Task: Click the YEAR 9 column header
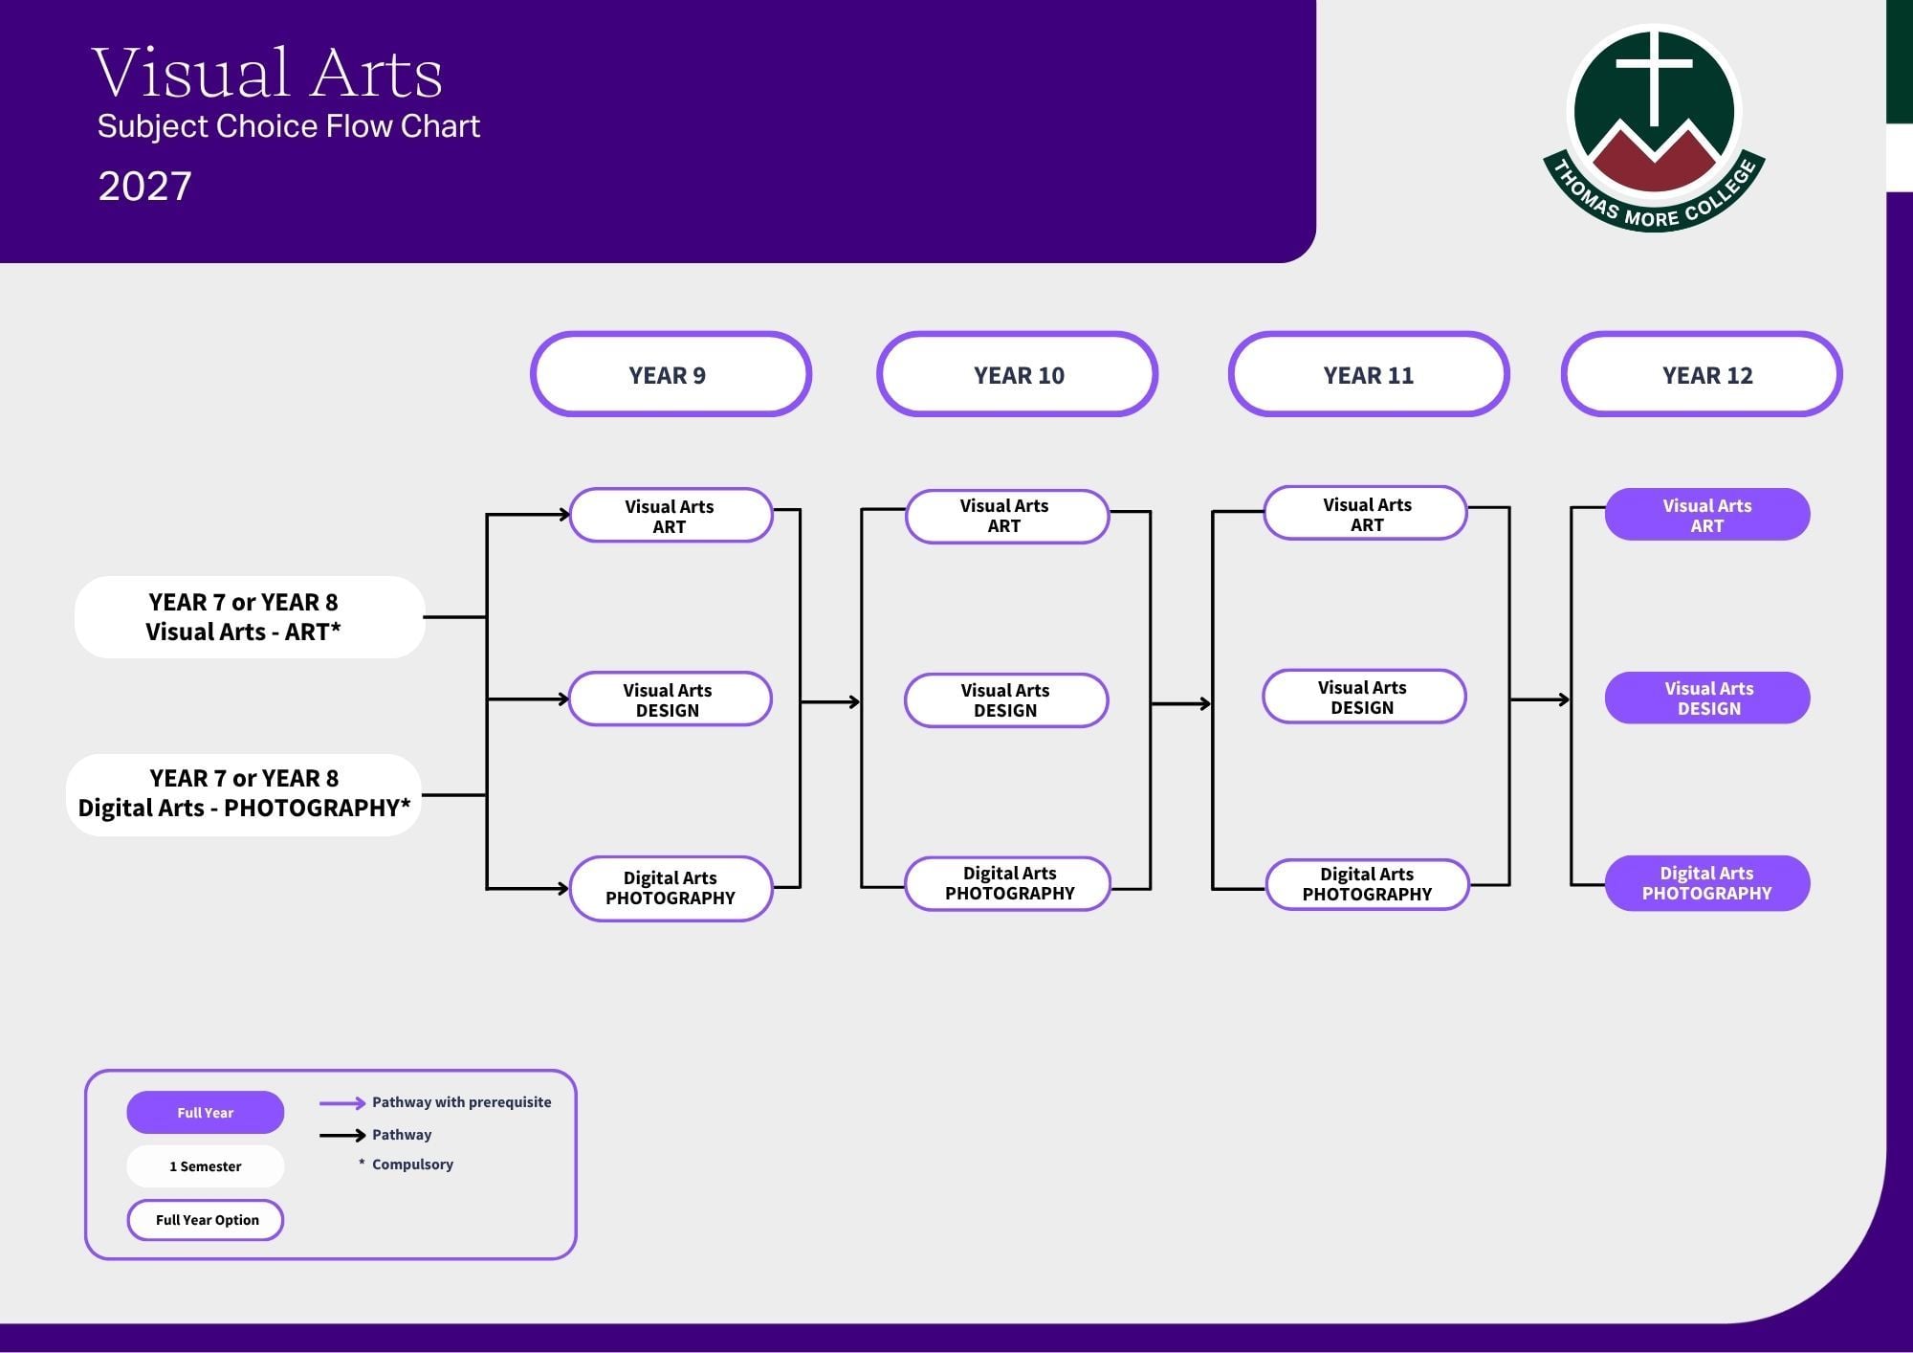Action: [671, 374]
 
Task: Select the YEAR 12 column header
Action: [1702, 374]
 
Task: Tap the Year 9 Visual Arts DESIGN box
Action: [670, 699]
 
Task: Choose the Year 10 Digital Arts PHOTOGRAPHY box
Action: [1008, 883]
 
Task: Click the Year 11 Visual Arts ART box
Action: [1365, 513]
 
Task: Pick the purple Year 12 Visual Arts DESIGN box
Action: [1707, 698]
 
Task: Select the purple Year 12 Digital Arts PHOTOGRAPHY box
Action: [1707, 883]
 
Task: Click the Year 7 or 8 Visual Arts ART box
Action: [250, 617]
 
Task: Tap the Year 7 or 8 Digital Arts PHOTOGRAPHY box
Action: [244, 794]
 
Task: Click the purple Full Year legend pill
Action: [206, 1112]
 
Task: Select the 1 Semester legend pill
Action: [206, 1166]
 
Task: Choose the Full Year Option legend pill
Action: [206, 1220]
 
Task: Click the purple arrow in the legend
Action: [342, 1103]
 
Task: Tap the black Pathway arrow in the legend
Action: [342, 1136]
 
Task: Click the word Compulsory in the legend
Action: [412, 1164]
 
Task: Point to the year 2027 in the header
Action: [145, 186]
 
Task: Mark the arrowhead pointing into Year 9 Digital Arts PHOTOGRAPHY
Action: [563, 889]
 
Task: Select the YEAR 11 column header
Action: [1369, 374]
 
